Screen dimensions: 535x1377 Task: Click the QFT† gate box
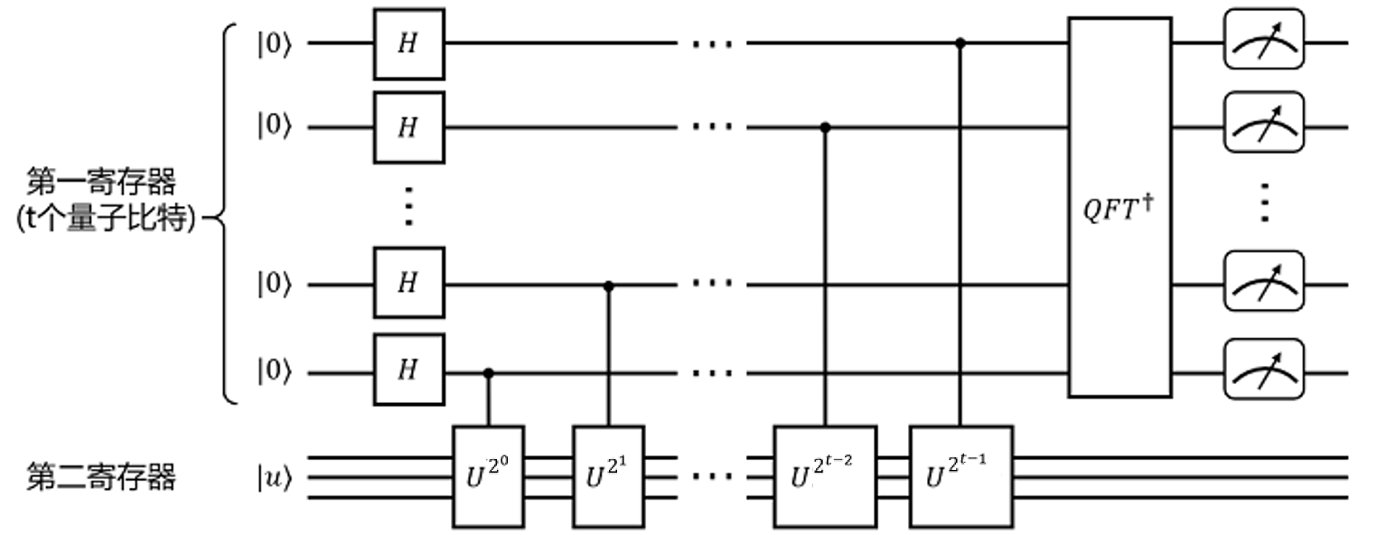(1119, 207)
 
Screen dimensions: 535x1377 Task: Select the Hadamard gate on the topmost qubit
(409, 44)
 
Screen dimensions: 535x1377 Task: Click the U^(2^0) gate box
(488, 476)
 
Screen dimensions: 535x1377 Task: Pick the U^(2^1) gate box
(609, 476)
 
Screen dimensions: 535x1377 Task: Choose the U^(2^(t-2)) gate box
(825, 476)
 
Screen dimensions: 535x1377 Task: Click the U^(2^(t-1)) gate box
(961, 476)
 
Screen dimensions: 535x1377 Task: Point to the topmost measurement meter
(1265, 42)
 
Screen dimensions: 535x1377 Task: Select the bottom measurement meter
(1265, 370)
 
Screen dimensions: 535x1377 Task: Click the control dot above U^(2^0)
(488, 372)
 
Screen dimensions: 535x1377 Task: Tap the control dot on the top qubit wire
(961, 42)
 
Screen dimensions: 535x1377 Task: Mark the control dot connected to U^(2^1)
(609, 286)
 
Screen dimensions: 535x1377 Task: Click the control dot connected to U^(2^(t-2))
(825, 127)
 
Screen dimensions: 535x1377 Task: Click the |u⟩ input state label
(274, 478)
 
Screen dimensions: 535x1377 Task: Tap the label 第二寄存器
(100, 476)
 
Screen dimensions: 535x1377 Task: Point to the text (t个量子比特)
(106, 220)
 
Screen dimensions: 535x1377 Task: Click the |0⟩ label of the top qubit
(274, 43)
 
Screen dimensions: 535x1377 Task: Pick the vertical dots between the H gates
(409, 206)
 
